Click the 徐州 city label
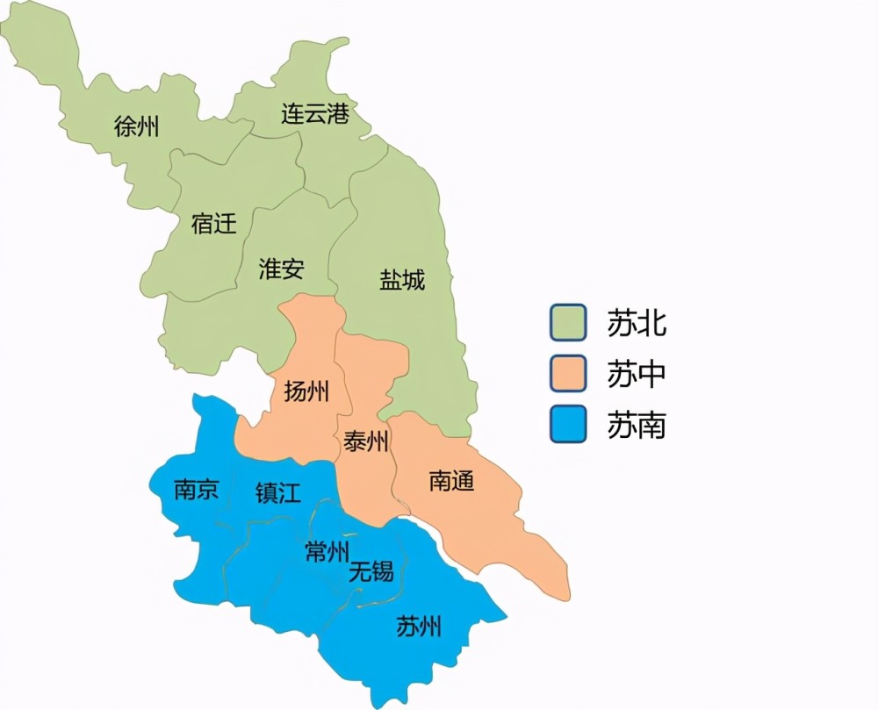coord(137,126)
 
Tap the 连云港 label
coord(315,114)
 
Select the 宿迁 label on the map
coord(214,224)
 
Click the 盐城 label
coord(402,280)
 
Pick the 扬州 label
coord(306,391)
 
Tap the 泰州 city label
coord(366,441)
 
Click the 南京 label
coord(197,490)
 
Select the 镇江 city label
coord(278,492)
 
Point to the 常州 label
coord(327,551)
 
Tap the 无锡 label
coord(371,573)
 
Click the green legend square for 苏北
coord(568,322)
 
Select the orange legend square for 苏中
coord(568,374)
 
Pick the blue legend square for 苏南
coord(568,426)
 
